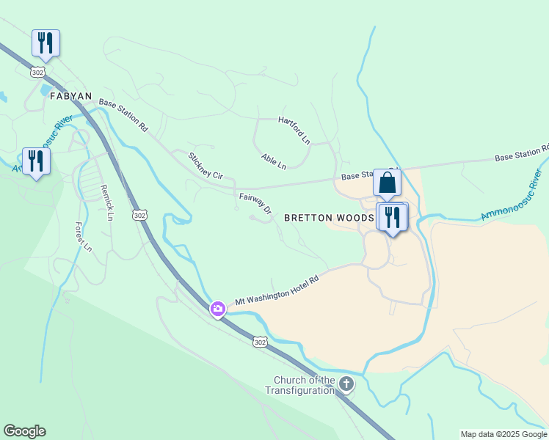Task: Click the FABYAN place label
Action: [x=71, y=96]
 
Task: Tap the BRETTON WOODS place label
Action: [x=329, y=218]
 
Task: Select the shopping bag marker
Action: [x=387, y=183]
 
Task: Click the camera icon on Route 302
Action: [x=217, y=309]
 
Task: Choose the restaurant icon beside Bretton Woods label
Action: [x=393, y=217]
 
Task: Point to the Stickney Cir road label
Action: [x=205, y=166]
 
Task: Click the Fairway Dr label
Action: [x=255, y=203]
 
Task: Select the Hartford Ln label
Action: [x=294, y=130]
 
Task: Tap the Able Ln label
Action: [x=274, y=161]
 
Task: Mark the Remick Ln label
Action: [x=107, y=202]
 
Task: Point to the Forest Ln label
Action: [x=83, y=238]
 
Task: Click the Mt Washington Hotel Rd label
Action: [x=278, y=290]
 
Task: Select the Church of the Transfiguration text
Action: [x=304, y=385]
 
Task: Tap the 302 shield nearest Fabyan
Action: [x=38, y=73]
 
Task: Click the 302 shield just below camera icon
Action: [x=260, y=342]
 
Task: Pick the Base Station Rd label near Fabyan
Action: [x=123, y=116]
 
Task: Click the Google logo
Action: [x=24, y=431]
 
